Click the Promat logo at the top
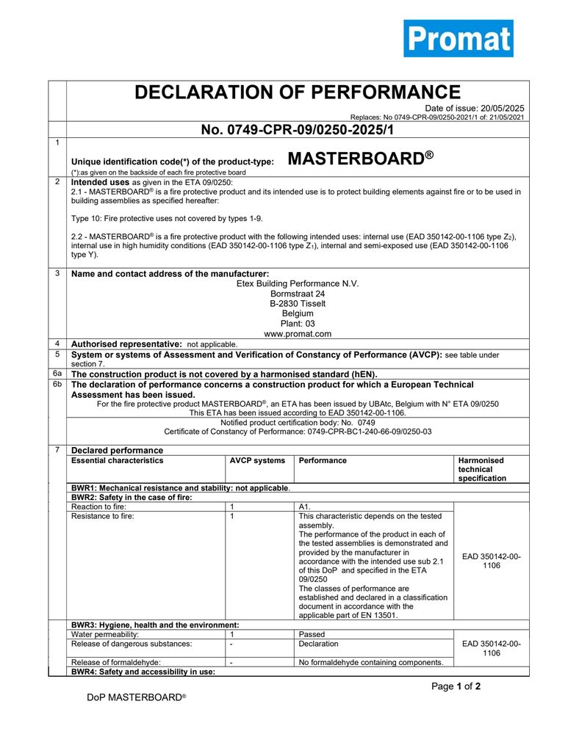point(458,38)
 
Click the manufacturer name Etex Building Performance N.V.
point(298,283)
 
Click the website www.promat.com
point(298,334)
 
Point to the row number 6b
point(57,385)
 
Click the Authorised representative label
point(126,344)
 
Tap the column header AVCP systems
point(257,461)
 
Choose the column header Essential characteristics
point(118,461)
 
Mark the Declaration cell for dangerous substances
point(319,644)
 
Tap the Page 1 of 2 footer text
point(456,687)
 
